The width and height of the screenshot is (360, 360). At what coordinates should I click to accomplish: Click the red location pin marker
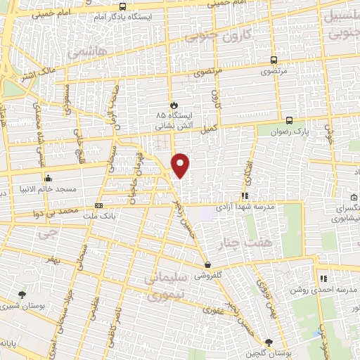[x=181, y=165]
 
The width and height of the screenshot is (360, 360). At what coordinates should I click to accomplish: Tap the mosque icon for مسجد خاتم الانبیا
[x=48, y=177]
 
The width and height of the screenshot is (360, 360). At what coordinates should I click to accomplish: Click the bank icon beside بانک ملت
[x=98, y=206]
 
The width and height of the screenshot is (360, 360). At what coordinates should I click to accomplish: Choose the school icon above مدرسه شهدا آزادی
[x=245, y=196]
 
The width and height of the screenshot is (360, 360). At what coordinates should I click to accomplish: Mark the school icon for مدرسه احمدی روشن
[x=323, y=279]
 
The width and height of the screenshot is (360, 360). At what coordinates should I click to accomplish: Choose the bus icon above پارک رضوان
[x=289, y=119]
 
